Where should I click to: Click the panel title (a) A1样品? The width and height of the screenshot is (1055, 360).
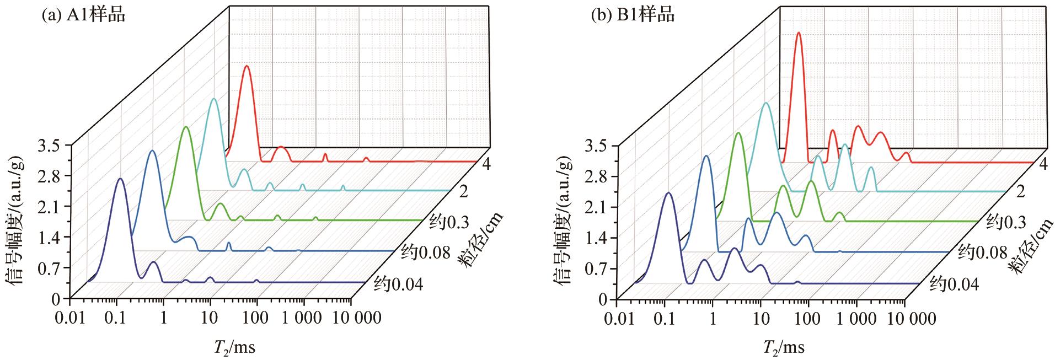(x=84, y=15)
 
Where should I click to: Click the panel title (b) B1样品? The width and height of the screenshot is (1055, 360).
(x=633, y=15)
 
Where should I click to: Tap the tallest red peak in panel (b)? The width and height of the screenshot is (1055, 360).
(x=798, y=33)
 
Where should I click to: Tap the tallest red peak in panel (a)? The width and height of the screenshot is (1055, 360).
(x=247, y=66)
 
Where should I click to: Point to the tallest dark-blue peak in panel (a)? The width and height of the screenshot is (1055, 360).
(x=121, y=179)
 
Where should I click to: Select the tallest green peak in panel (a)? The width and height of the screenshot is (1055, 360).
(x=186, y=127)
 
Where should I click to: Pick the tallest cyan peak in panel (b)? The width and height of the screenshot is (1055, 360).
(x=765, y=104)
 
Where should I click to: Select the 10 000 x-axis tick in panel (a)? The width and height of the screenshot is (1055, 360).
(x=350, y=318)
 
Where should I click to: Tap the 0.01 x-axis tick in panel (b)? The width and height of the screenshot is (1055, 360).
(x=617, y=319)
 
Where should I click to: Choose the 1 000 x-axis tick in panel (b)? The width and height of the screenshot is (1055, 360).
(x=856, y=319)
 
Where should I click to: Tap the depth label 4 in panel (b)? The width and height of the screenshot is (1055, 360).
(x=1042, y=164)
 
